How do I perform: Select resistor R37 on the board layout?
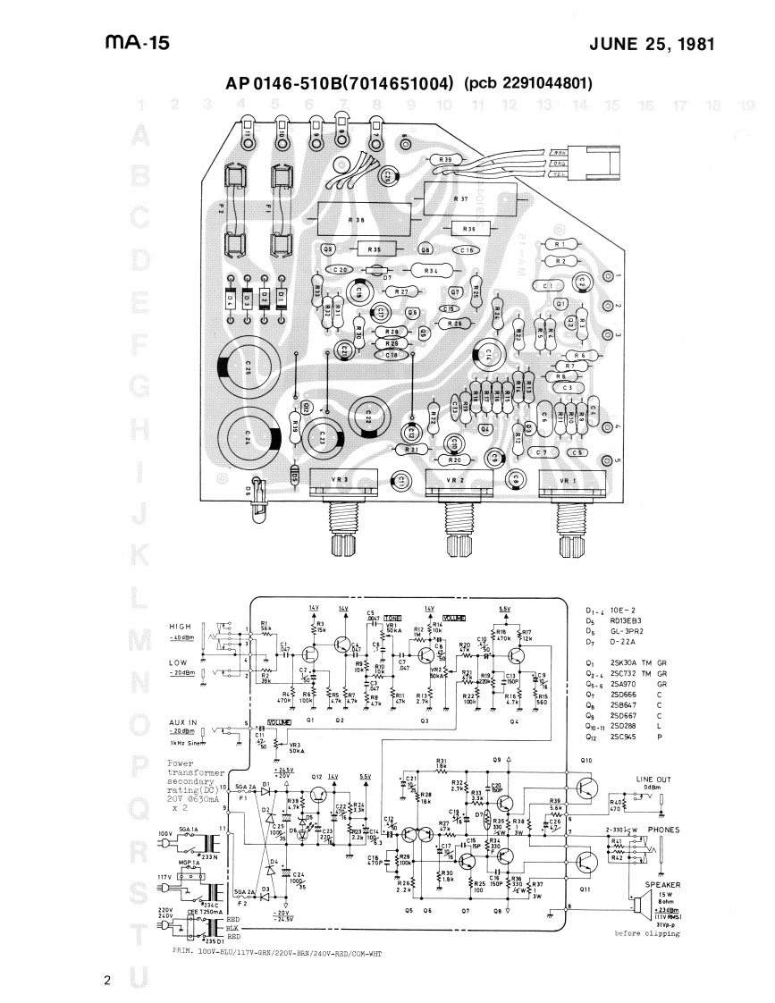(x=461, y=198)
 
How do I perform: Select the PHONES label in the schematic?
(x=663, y=830)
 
